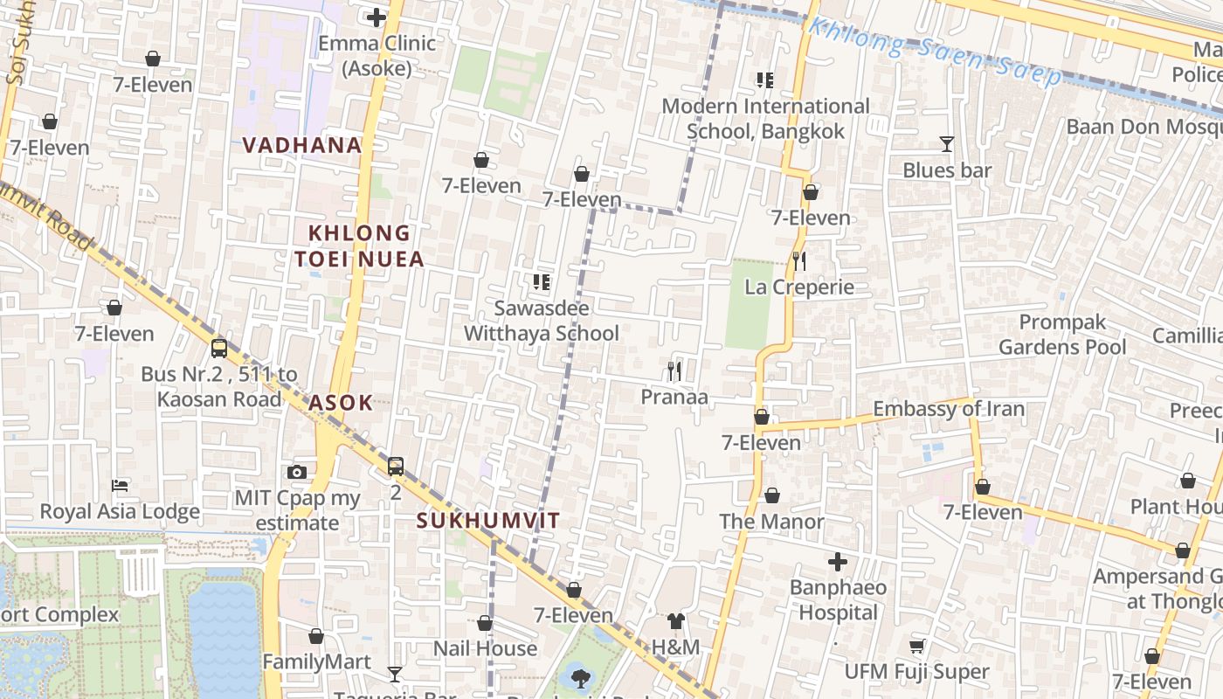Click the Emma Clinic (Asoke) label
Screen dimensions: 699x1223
377,55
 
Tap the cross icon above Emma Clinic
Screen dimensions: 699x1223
377,17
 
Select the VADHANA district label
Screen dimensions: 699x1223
302,145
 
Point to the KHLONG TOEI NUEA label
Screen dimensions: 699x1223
359,246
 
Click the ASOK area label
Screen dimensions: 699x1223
341,403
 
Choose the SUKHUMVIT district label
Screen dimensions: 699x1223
487,521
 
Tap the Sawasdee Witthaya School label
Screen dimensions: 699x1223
542,321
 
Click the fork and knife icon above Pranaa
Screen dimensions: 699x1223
674,371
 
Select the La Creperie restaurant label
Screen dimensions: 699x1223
799,287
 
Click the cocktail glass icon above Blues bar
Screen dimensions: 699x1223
946,144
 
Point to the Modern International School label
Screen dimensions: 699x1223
765,119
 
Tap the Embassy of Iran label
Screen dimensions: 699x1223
949,408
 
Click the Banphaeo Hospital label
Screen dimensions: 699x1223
838,599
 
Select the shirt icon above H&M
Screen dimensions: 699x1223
676,621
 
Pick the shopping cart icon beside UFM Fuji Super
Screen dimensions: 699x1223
916,647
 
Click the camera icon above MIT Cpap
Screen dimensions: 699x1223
297,472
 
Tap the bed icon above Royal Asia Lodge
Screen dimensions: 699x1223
120,485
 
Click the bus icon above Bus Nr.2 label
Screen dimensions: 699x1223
219,348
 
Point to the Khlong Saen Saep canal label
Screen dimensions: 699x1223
935,52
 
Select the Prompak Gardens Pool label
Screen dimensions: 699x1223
1062,335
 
